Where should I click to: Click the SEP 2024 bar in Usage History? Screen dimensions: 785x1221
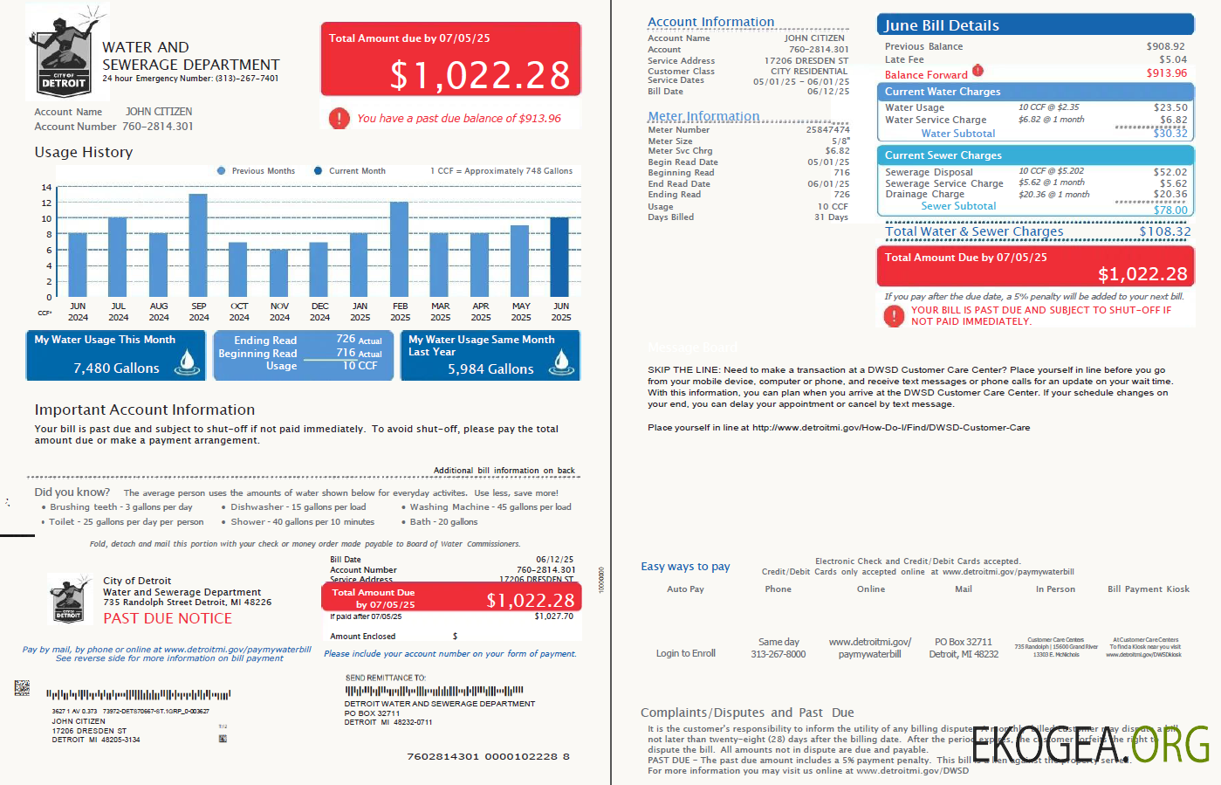click(x=198, y=245)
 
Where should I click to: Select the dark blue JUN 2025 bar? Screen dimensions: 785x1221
click(x=559, y=258)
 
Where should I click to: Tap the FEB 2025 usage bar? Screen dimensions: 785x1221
click(x=399, y=250)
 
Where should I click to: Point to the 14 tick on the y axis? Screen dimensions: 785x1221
click(x=46, y=188)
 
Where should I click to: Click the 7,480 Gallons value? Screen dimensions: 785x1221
click(x=116, y=368)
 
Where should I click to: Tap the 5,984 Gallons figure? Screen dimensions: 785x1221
click(x=490, y=369)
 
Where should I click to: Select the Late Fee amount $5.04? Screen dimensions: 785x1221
click(x=1172, y=60)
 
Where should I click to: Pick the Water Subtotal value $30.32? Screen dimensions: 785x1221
click(x=1170, y=134)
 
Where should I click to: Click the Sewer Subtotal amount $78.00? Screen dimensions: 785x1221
click(x=1170, y=210)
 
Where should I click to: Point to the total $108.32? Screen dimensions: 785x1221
click(x=1164, y=231)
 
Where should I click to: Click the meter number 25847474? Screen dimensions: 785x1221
click(x=827, y=130)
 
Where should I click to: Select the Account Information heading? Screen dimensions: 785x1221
click(x=710, y=22)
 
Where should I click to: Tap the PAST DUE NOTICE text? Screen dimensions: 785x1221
click(x=168, y=618)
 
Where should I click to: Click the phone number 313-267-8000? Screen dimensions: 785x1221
click(x=778, y=654)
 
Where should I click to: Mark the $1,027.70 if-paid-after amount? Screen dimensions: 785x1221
click(x=553, y=616)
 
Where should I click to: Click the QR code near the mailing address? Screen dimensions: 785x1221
click(x=22, y=688)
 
